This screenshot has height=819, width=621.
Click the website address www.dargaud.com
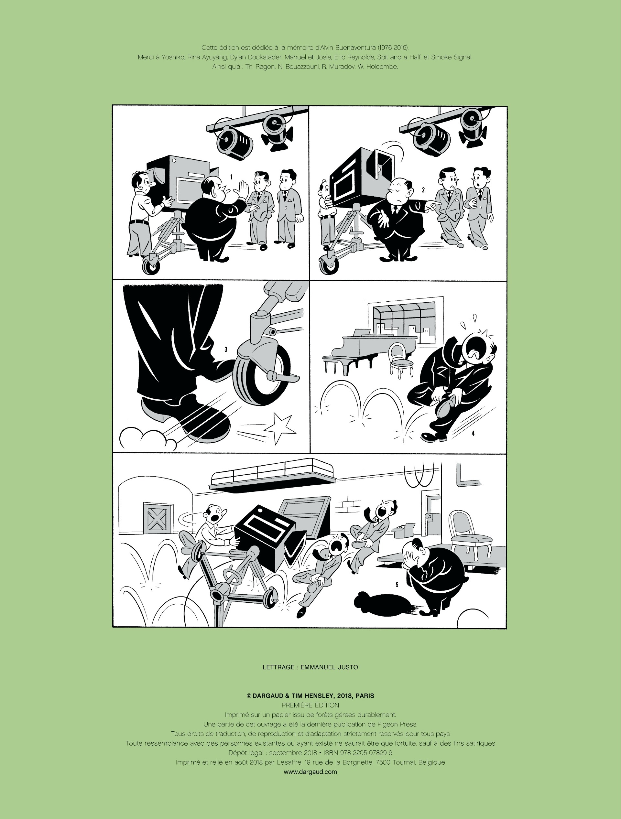point(310,771)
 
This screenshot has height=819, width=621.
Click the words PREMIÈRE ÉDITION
point(310,705)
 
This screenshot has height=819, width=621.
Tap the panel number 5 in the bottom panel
point(397,585)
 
